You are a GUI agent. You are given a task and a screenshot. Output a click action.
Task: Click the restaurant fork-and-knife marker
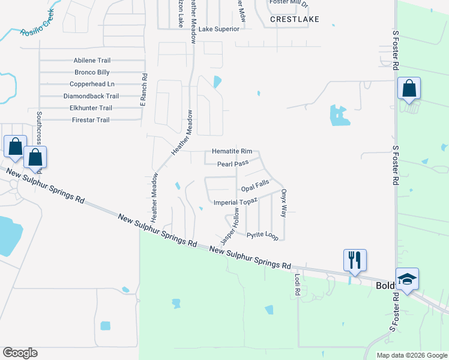(355, 260)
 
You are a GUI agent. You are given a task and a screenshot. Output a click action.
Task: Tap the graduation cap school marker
(408, 280)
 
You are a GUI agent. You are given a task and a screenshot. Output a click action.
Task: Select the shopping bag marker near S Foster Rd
(409, 89)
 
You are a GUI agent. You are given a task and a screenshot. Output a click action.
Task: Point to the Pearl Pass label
(233, 163)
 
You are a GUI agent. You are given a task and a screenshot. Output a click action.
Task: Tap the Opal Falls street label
(255, 187)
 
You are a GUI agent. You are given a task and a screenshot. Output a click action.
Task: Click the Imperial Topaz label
(235, 203)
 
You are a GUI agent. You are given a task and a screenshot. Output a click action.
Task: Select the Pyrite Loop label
(262, 236)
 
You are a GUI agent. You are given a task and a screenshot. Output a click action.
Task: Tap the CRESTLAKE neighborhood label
(294, 19)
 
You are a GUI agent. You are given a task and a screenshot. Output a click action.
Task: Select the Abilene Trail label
(92, 61)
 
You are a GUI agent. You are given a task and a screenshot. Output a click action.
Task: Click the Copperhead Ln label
(92, 84)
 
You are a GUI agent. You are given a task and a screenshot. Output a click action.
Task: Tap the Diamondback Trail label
(91, 96)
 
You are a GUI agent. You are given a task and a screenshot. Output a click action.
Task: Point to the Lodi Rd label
(297, 284)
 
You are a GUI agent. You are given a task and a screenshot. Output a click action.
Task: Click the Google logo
(20, 353)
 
